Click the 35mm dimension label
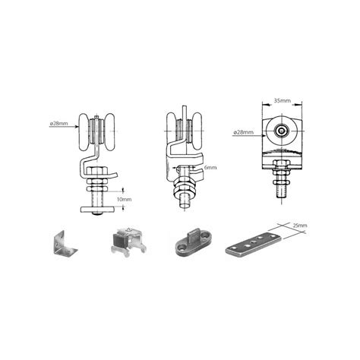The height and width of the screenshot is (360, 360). pyautogui.click(x=283, y=101)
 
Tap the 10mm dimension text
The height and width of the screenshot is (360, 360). pyautogui.click(x=124, y=199)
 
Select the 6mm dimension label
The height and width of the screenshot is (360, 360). pyautogui.click(x=210, y=167)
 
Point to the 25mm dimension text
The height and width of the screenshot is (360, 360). pyautogui.click(x=300, y=225)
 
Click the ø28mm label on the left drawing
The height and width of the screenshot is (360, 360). pyautogui.click(x=59, y=124)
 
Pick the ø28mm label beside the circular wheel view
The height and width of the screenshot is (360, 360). pyautogui.click(x=244, y=132)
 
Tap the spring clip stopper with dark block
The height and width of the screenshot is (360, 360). pyautogui.click(x=128, y=242)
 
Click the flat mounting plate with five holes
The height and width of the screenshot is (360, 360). pyautogui.click(x=254, y=245)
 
